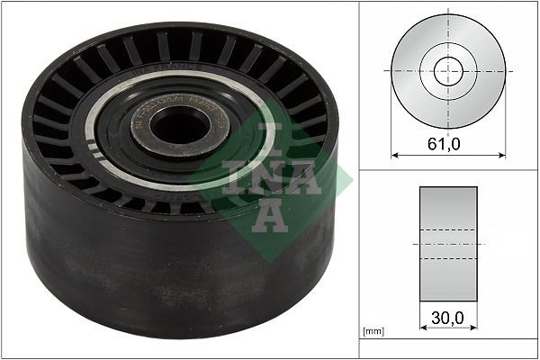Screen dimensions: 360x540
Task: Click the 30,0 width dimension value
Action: click(x=447, y=318)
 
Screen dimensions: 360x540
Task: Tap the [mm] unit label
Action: click(x=373, y=332)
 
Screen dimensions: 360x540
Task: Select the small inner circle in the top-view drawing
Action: click(x=448, y=71)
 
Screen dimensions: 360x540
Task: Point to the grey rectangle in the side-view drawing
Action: click(x=447, y=243)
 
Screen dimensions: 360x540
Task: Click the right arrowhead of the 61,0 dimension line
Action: click(x=502, y=154)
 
